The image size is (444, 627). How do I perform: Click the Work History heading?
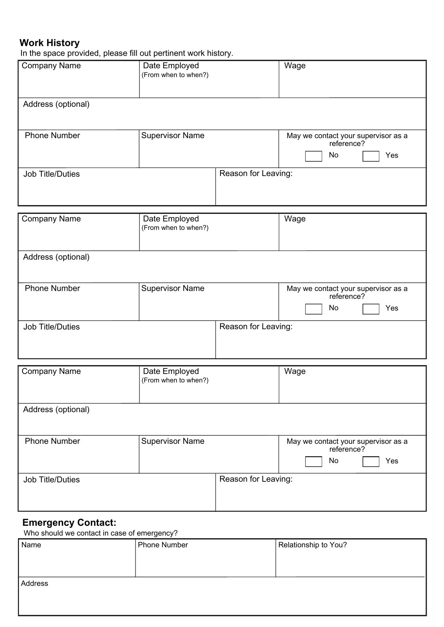pos(49,43)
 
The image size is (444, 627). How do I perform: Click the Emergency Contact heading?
pos(69,522)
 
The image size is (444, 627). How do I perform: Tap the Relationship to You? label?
pos(312,545)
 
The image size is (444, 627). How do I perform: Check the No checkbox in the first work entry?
pos(314,156)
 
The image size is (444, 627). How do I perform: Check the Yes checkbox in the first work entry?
pos(371,156)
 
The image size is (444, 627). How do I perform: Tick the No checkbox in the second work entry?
pos(314,309)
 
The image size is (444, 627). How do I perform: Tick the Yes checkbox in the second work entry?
pos(371,309)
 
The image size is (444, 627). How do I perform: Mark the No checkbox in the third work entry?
pos(314,461)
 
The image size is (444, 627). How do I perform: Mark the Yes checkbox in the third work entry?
pos(371,461)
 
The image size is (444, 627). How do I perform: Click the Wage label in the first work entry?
pos(295,66)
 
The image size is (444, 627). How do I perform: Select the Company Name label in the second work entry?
pos(51,219)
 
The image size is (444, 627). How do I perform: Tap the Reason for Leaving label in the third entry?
pos(256,479)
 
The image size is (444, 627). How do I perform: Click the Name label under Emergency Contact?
pos(31,545)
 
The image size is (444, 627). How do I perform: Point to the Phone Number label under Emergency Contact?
pos(163,545)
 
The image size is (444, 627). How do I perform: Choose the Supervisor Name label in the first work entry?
pos(173,136)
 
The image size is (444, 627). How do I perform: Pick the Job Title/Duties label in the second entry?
pos(51,327)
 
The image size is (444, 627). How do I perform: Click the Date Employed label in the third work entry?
pos(171,371)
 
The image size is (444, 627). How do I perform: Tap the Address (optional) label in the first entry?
pos(56,104)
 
